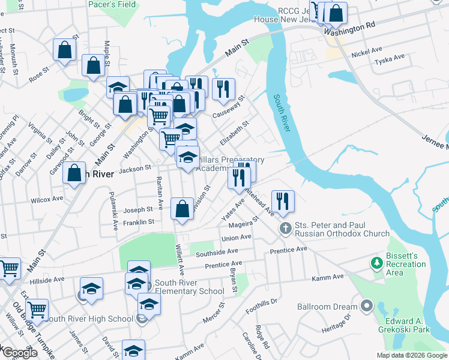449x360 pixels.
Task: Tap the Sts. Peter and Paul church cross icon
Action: tap(286, 228)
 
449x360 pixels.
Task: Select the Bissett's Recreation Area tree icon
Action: tap(377, 263)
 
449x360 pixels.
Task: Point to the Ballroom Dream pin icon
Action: tap(366, 307)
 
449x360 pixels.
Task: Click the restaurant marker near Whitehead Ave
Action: tap(283, 201)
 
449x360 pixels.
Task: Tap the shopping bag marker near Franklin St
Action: tap(182, 209)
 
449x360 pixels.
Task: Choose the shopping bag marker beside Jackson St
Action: tap(74, 173)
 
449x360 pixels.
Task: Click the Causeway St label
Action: tap(232, 107)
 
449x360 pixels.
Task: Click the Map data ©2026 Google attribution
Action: tap(411, 355)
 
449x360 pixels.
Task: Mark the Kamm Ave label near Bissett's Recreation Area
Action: tap(327, 277)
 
